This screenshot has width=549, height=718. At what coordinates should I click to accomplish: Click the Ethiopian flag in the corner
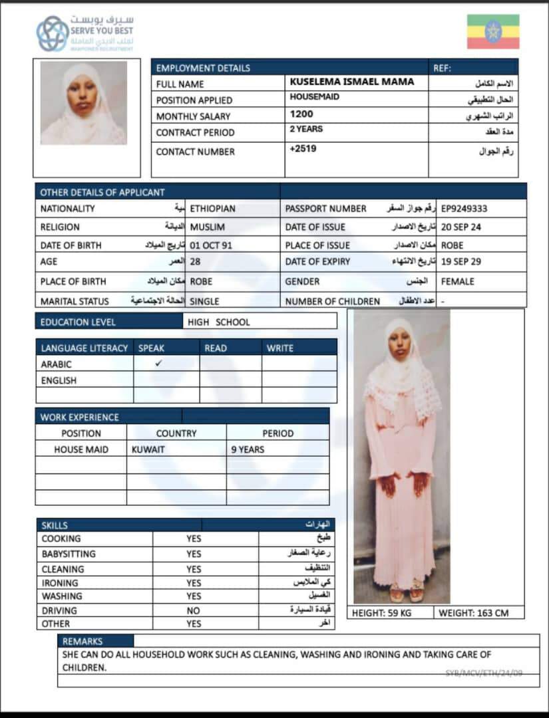(x=492, y=32)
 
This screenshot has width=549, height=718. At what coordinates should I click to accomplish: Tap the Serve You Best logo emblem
(x=52, y=33)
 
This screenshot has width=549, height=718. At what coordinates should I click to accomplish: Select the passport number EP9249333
(x=464, y=209)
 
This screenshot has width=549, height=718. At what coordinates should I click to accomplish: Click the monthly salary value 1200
(x=301, y=114)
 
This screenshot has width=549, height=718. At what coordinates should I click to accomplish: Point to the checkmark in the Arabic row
(x=158, y=364)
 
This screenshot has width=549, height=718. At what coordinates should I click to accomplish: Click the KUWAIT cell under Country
(x=148, y=449)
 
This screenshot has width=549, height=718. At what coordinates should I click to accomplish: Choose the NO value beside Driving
(x=193, y=610)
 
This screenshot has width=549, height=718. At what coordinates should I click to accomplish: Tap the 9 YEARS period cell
(x=248, y=449)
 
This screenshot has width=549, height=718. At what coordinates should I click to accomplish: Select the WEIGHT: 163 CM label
(x=473, y=613)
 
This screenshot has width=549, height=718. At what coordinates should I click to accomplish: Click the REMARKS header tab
(x=83, y=642)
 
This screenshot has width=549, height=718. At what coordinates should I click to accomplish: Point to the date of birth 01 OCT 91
(x=211, y=245)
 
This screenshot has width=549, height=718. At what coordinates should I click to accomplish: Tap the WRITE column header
(x=279, y=348)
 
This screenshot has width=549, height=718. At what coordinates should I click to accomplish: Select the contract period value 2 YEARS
(x=306, y=129)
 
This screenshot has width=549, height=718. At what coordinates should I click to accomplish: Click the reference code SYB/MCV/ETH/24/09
(x=484, y=673)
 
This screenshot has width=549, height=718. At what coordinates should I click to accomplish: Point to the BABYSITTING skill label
(x=69, y=554)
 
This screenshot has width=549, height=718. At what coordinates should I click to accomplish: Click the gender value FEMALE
(x=458, y=281)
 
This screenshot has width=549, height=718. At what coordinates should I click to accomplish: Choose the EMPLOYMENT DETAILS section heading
(x=203, y=68)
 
